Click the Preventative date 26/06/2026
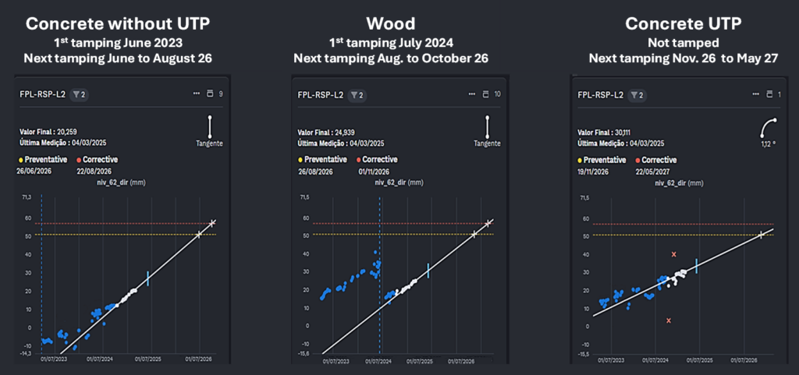pyautogui.click(x=34, y=170)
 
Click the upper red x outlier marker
pyautogui.click(x=673, y=255)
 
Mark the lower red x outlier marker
pyautogui.click(x=669, y=320)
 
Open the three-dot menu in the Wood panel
pyautogui.click(x=471, y=94)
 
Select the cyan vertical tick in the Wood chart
pyautogui.click(x=428, y=271)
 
